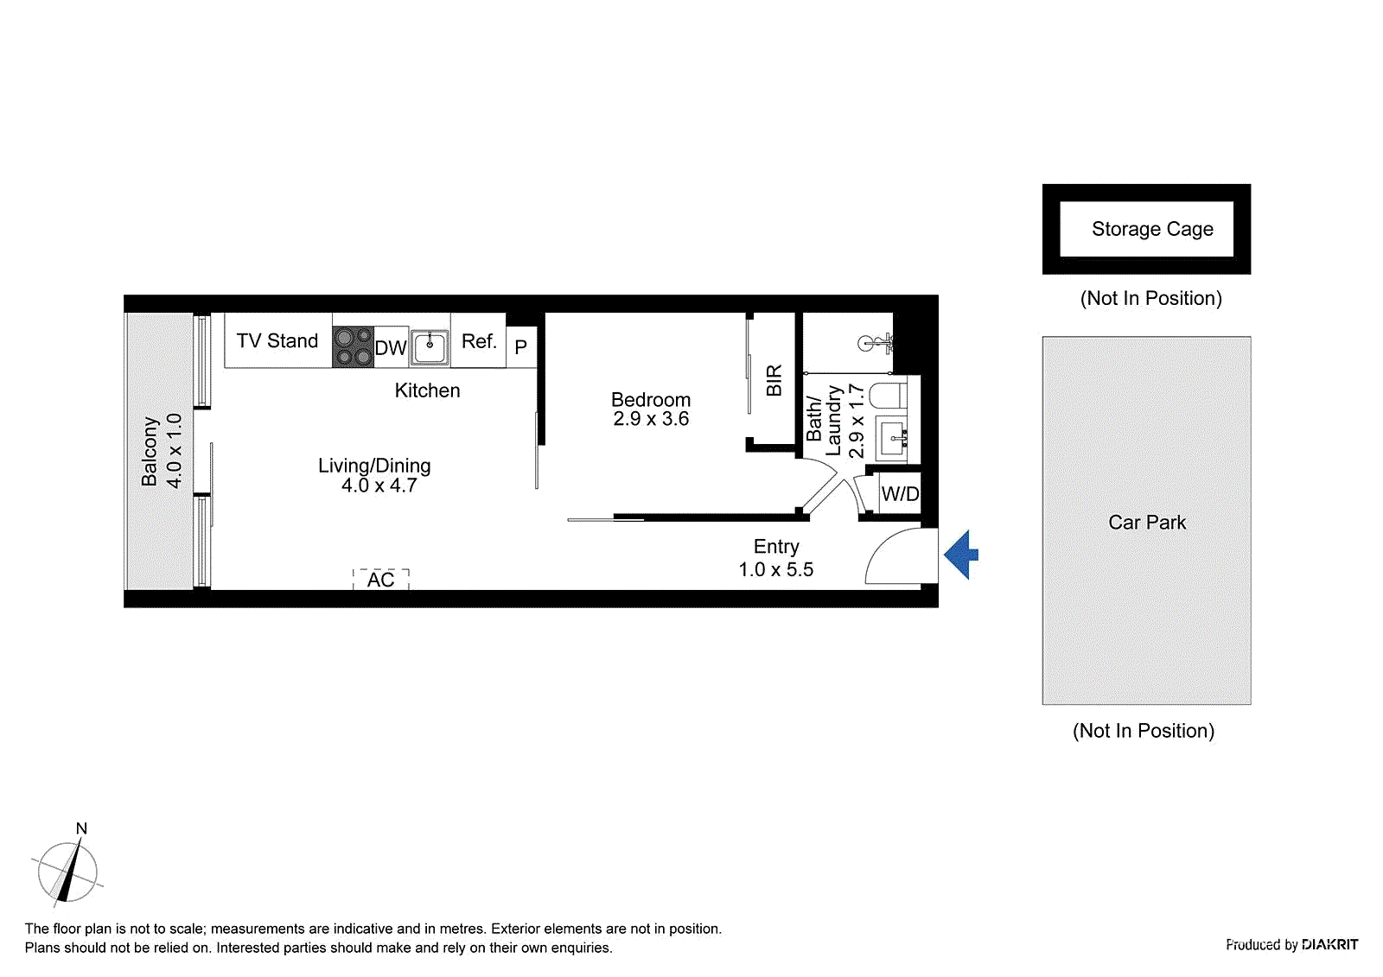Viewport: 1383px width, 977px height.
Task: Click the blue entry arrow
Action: (961, 555)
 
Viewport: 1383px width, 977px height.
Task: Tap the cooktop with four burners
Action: (353, 346)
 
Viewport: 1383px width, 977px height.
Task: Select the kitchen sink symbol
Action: (430, 347)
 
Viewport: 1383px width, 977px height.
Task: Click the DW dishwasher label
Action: (391, 348)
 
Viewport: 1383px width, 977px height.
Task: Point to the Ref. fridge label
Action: (479, 341)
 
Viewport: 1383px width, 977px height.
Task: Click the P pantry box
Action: (521, 347)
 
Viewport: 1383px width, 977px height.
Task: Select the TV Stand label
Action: (277, 341)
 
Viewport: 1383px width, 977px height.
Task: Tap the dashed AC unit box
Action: (381, 580)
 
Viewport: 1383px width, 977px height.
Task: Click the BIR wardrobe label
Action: (774, 380)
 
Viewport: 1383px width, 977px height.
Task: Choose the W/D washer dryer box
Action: (900, 494)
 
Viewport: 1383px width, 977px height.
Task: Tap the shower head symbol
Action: (873, 344)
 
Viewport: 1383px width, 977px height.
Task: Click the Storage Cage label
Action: (1152, 229)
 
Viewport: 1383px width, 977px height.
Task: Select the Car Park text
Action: (1147, 523)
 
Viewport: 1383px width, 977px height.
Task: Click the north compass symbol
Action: (67, 871)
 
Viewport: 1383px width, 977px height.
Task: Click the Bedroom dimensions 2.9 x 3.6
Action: (651, 420)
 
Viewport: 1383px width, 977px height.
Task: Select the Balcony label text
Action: (150, 451)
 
